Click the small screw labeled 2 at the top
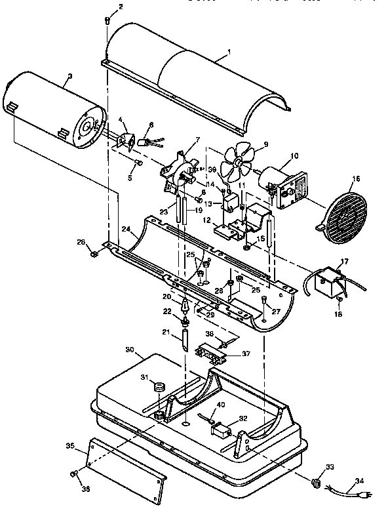107,21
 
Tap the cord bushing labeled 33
318,483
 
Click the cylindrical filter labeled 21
186,341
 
